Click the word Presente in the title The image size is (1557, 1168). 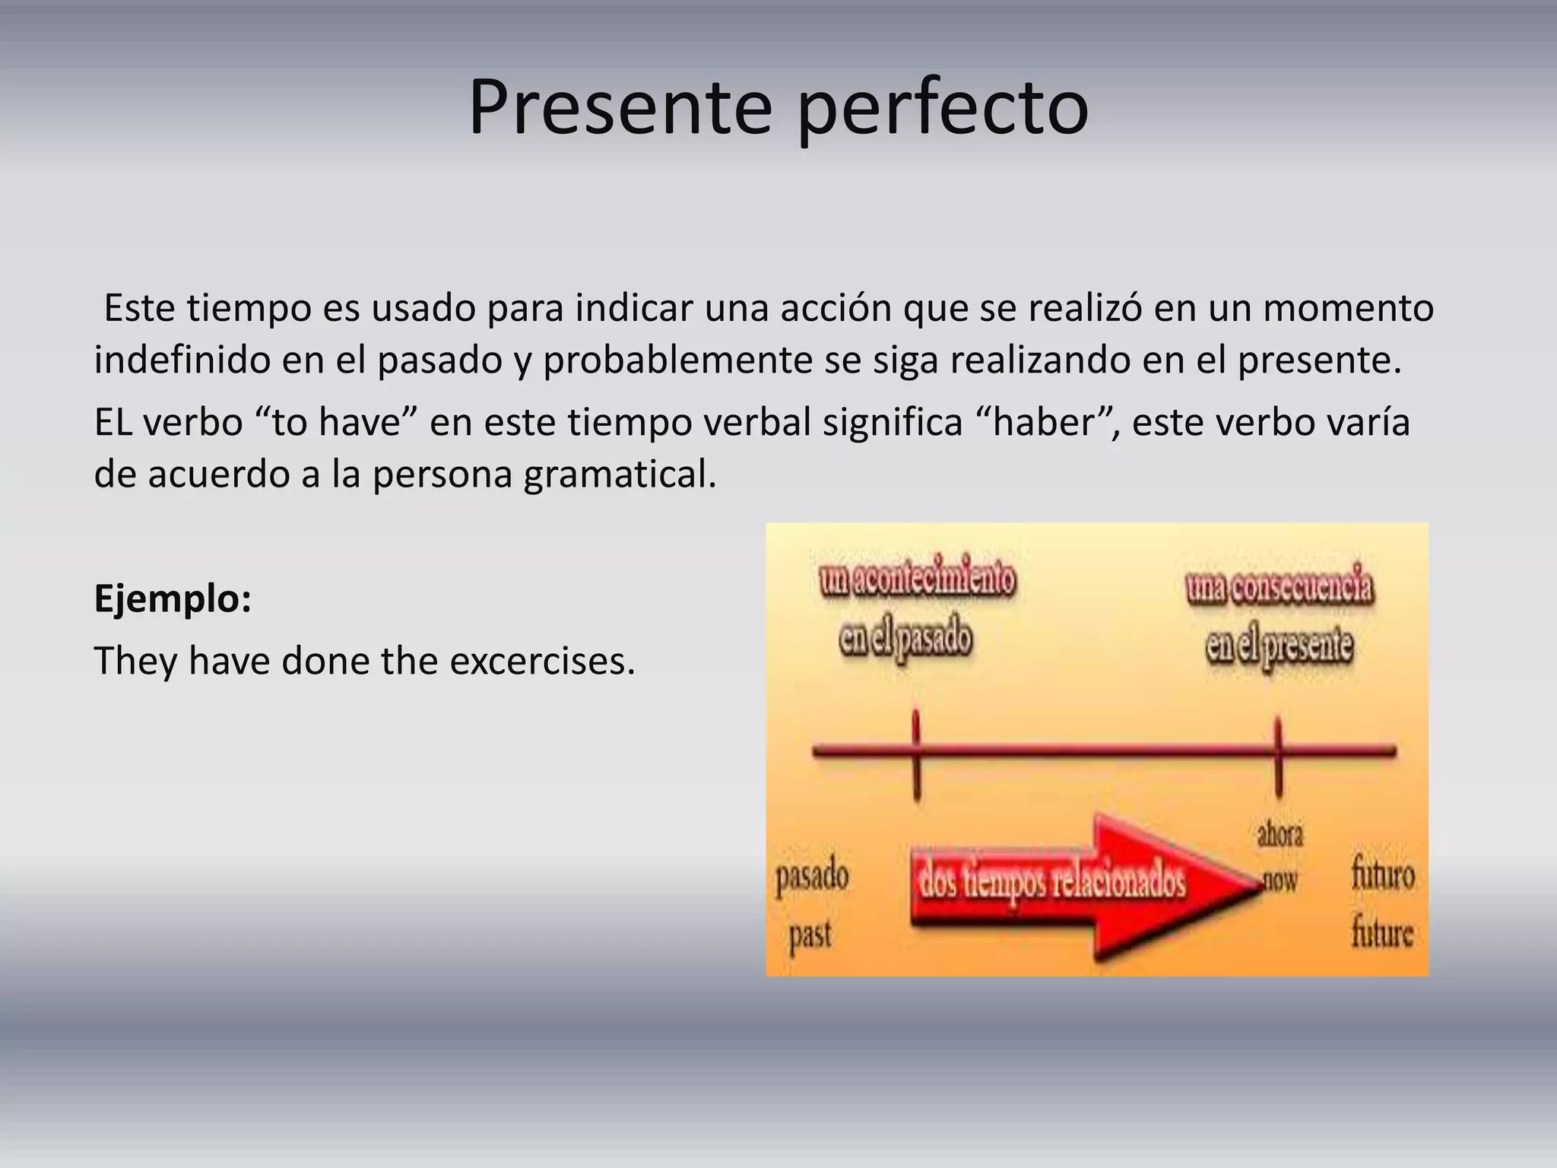point(620,108)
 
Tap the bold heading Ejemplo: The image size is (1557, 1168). point(173,599)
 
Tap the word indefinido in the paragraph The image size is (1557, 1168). point(182,360)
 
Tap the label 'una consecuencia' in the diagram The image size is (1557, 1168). point(1280,588)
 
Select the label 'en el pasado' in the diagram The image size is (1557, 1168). point(905,639)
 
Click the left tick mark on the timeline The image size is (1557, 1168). point(916,753)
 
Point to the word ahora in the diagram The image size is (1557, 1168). point(1280,836)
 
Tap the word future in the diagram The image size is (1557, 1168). point(1381,933)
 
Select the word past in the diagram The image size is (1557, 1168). point(810,935)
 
